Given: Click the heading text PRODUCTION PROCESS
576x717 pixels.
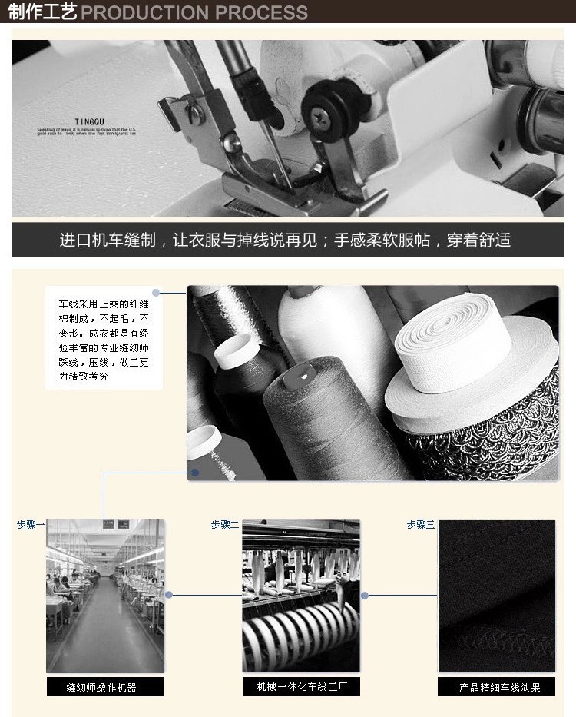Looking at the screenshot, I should (x=194, y=13).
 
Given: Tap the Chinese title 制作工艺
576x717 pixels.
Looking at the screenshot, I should (x=42, y=12).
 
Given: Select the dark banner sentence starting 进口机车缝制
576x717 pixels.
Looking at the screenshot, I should (x=285, y=240).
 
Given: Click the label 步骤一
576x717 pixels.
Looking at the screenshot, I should (x=31, y=525).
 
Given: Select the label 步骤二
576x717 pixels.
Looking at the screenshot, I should (x=225, y=525).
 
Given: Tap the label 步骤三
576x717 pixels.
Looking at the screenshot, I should (x=421, y=525).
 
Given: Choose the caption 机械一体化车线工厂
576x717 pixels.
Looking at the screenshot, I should (x=301, y=687).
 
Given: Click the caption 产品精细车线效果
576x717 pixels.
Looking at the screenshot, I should (x=497, y=687).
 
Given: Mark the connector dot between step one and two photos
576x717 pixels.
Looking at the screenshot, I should (x=168, y=595).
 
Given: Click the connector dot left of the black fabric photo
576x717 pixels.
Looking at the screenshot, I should (x=365, y=595).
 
